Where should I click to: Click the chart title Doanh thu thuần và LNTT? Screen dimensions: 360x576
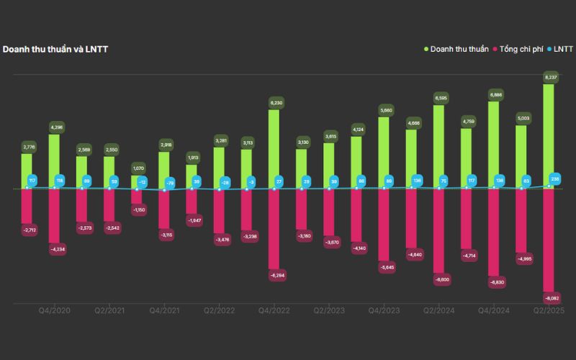[x=55, y=49]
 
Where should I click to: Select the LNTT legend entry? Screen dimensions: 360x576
[x=562, y=49]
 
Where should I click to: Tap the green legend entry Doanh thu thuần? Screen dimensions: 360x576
[x=458, y=49]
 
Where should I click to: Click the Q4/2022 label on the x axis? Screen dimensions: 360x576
[x=274, y=310]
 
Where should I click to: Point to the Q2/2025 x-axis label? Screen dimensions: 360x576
[x=548, y=310]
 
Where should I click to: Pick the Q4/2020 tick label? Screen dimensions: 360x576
[x=54, y=310]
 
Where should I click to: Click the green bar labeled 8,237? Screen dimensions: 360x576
[x=549, y=137]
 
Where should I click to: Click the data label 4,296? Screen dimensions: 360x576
[x=55, y=127]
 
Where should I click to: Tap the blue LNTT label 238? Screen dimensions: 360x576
[x=554, y=179]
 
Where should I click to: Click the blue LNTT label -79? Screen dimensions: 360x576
[x=170, y=183]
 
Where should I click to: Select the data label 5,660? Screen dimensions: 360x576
[x=384, y=110]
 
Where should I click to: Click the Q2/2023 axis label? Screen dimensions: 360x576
[x=329, y=310]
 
